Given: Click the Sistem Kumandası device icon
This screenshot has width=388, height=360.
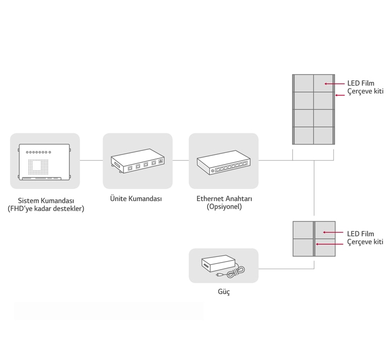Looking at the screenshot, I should [x=45, y=161].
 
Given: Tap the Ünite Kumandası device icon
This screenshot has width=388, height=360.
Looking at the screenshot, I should [x=137, y=161].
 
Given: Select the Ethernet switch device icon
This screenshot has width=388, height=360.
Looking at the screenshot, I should [x=223, y=161].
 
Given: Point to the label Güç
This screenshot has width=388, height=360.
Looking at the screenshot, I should [x=223, y=292].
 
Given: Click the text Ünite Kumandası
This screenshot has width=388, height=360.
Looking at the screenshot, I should [x=136, y=199].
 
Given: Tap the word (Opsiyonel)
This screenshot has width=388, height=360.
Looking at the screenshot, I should [x=224, y=207].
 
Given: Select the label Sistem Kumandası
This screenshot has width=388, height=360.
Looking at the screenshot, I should [x=46, y=200].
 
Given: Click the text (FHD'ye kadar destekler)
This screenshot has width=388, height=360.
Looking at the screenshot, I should [x=46, y=209].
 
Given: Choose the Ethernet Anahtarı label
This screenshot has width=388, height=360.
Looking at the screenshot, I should [x=224, y=199].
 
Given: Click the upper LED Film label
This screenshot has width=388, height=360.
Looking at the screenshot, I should [x=361, y=83].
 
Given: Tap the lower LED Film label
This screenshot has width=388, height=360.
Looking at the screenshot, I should [x=361, y=234].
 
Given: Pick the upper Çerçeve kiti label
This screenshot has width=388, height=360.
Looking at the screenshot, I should [x=365, y=91].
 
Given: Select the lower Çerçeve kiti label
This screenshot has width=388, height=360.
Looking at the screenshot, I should [x=365, y=242].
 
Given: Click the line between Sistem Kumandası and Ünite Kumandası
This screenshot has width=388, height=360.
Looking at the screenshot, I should [x=91, y=161].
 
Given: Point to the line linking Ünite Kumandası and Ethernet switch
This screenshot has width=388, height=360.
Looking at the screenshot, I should [x=180, y=161].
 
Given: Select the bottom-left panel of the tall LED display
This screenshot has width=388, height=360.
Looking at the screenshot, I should [x=303, y=135].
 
